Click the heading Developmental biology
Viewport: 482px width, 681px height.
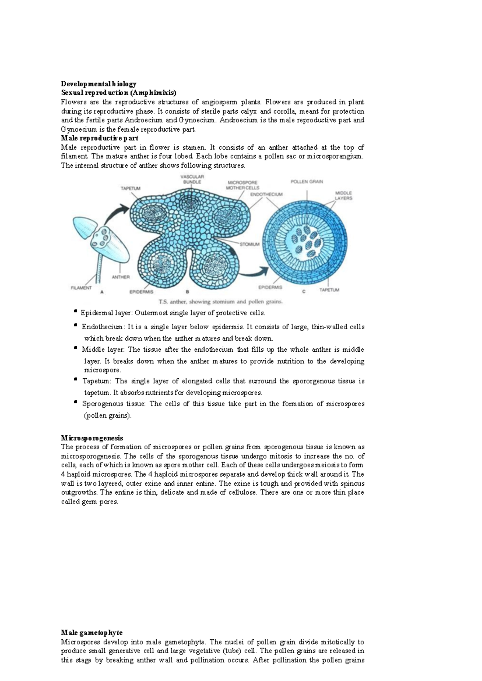click(x=98, y=84)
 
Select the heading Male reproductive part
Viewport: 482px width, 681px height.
click(x=100, y=138)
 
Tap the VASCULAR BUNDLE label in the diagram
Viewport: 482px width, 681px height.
click(x=192, y=179)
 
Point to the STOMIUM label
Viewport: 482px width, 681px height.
click(x=250, y=244)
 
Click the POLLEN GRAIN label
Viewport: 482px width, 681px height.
click(x=306, y=181)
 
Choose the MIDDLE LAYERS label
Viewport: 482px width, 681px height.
click(x=344, y=196)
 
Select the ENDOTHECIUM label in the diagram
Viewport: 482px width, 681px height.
click(x=266, y=194)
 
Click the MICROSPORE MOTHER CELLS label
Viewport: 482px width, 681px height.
click(x=242, y=185)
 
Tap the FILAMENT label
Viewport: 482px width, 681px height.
click(x=81, y=287)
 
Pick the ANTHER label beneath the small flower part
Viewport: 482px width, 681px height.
click(x=120, y=277)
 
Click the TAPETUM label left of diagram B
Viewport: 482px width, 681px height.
click(x=131, y=188)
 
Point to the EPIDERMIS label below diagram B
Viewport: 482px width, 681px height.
click(x=141, y=292)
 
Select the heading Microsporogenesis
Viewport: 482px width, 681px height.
click(x=92, y=438)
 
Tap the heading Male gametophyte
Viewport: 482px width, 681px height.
click(x=92, y=633)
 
